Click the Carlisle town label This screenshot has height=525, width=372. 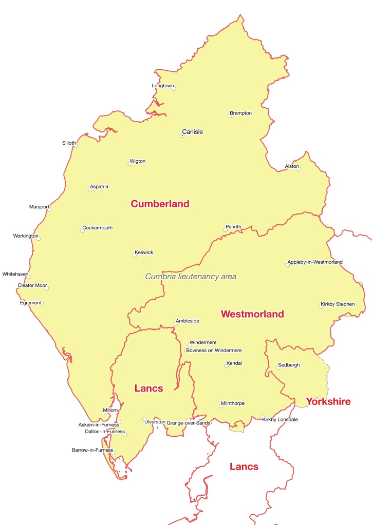coord(192,132)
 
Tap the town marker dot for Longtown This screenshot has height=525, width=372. coord(174,89)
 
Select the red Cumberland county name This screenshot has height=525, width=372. coord(160,204)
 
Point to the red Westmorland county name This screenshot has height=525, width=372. coord(252,314)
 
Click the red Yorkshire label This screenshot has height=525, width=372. coord(328,401)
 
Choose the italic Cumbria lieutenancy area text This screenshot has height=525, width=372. coord(191,277)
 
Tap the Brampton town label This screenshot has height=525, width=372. coord(240,113)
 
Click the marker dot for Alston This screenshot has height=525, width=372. coord(299,169)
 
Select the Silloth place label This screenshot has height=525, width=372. coord(69,143)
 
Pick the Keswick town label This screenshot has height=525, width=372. coord(144,252)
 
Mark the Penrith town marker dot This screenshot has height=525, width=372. coord(226,229)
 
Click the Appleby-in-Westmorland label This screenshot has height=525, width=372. coord(314,262)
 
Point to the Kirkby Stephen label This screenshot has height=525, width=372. coord(337,304)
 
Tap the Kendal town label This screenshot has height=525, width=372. coord(234,363)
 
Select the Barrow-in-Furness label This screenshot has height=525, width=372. coord(92,450)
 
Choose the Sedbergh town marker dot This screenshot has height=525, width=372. coord(278,368)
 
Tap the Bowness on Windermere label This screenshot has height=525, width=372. coord(214,351)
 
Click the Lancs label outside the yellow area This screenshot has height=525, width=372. coord(244,466)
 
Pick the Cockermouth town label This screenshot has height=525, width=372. coord(98,228)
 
